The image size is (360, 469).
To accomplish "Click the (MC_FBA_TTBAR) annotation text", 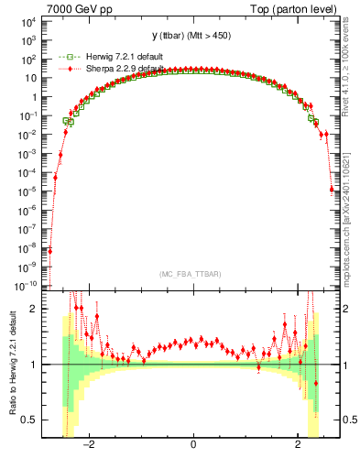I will (x=192, y=274).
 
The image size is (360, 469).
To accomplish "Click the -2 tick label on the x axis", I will (x=88, y=446).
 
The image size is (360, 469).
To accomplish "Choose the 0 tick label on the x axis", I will (x=193, y=446).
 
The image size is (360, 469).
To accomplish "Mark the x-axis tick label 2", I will (x=298, y=446).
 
